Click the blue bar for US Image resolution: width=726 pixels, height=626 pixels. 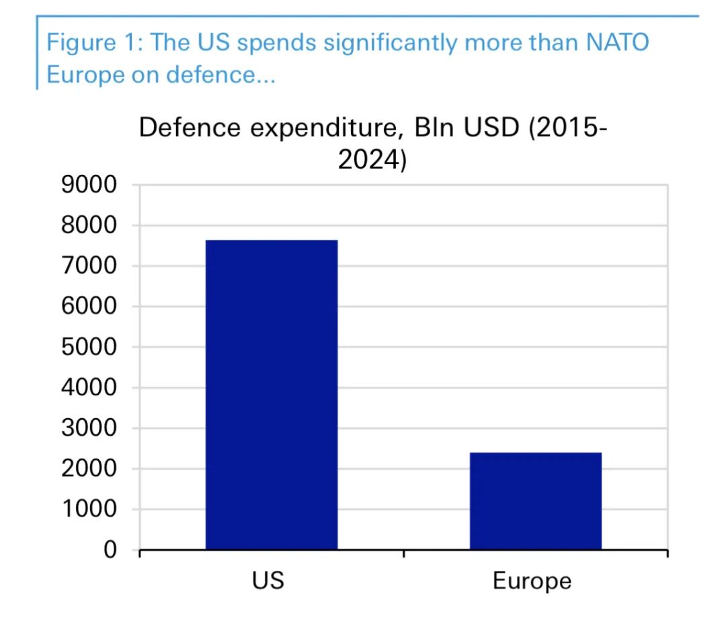tap(272, 395)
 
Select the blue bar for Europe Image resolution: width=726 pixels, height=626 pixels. tap(535, 501)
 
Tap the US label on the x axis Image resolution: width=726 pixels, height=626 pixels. tap(269, 580)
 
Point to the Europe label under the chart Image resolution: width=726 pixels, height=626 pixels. tap(532, 581)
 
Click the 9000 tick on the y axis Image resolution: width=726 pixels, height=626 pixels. tap(89, 185)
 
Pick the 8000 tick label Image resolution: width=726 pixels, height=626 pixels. tap(89, 225)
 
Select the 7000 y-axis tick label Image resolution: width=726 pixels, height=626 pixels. tap(89, 266)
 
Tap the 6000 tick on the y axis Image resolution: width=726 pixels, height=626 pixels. tap(89, 307)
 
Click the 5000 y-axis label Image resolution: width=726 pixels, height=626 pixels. tap(89, 347)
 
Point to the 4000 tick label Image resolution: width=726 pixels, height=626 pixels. tap(89, 388)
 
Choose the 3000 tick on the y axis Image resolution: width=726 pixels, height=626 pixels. tap(89, 428)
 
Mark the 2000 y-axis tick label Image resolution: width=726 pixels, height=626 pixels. tap(89, 469)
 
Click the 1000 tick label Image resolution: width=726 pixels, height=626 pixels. tap(89, 510)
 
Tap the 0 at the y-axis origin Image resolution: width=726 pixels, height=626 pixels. tap(110, 550)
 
